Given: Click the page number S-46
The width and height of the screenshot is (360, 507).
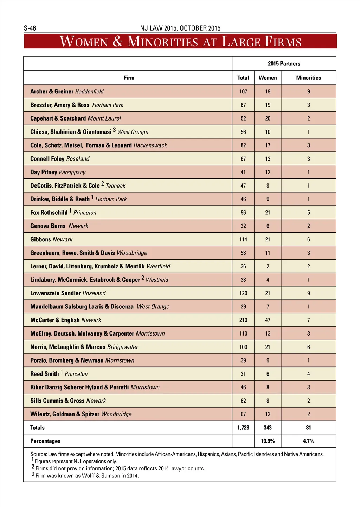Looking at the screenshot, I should [30, 28].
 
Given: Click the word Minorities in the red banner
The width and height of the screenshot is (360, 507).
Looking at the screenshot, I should [162, 41].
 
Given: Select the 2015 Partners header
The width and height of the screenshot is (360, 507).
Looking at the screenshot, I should [284, 64].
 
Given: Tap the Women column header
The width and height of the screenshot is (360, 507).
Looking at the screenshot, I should [268, 78].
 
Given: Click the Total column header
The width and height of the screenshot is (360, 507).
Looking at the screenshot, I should [243, 78].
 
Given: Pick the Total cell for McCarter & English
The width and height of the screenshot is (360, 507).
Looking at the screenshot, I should [243, 320].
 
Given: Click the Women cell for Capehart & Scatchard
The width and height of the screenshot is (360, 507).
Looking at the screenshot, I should [268, 118].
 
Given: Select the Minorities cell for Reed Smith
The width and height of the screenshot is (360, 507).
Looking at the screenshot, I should [308, 374].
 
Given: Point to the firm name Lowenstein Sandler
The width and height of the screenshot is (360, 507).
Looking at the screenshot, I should [56, 293].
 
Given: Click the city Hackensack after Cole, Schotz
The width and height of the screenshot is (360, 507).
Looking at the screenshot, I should [150, 145].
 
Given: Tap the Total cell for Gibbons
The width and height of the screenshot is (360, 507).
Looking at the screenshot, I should [243, 239].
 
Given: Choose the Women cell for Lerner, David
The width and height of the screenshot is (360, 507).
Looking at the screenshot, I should [268, 266].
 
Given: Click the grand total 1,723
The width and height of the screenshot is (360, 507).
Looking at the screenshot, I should [243, 428].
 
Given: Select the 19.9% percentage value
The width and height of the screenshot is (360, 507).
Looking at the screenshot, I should [268, 441].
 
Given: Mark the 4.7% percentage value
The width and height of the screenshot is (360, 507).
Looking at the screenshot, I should [308, 441].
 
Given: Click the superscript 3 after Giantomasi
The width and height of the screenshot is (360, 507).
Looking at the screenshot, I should [114, 130].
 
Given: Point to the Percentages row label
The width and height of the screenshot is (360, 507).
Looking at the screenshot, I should [45, 441].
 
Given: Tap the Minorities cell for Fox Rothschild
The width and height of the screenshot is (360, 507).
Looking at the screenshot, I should [308, 213].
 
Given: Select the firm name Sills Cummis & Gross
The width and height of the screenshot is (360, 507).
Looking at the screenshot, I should [57, 401].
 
